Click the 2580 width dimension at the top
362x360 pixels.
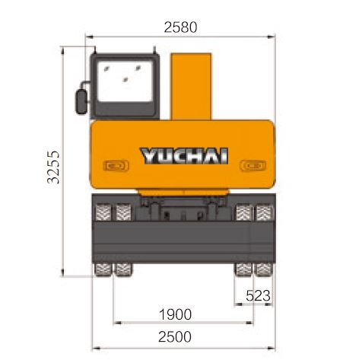point(179,27)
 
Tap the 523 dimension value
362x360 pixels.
point(259,295)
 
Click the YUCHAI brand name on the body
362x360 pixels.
point(183,156)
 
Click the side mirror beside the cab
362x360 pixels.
point(81,100)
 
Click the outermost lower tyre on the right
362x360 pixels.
point(265,270)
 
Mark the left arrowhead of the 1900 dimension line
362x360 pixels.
point(116,323)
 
